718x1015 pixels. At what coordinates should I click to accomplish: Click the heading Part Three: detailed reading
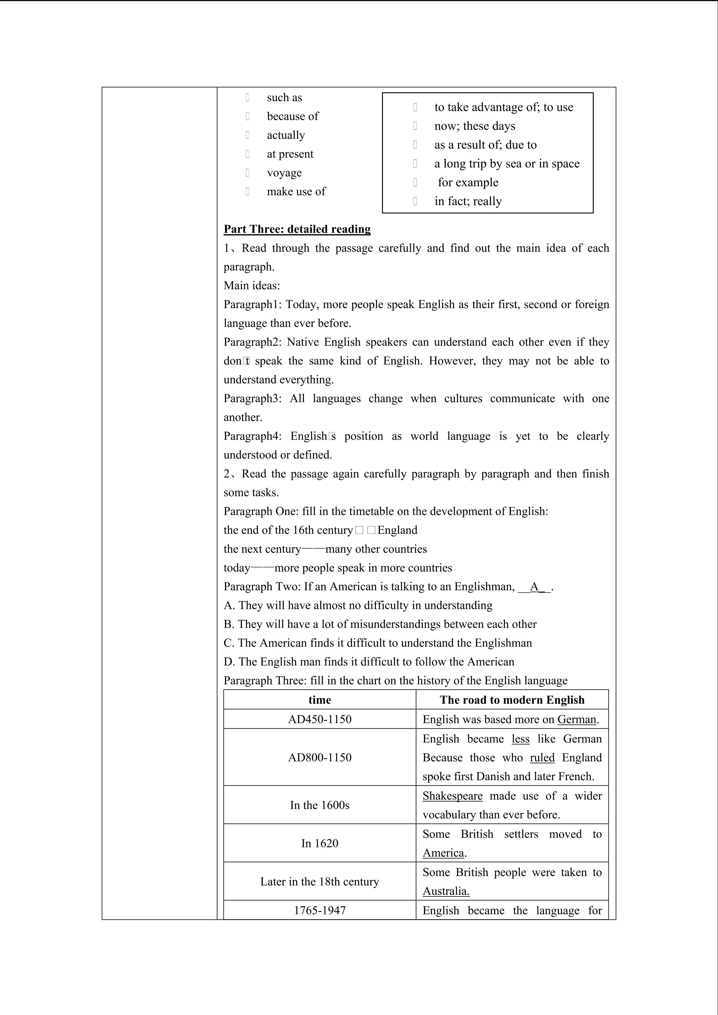coord(297,229)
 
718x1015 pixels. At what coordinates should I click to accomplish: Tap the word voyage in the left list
coord(284,173)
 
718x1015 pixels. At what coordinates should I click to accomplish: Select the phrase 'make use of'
coord(296,191)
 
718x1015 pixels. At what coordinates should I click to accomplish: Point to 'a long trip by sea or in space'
coord(507,164)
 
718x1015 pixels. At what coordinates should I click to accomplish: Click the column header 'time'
coord(320,700)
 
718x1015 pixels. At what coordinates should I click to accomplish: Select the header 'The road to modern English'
coord(512,700)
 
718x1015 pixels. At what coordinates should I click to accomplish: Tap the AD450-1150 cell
coord(320,719)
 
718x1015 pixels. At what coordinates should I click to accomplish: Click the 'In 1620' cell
coord(320,843)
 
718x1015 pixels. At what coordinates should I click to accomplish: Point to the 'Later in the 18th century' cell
coord(320,881)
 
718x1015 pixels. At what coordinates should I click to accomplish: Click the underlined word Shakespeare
coord(452,796)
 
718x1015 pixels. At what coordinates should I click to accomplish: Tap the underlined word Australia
coord(446,891)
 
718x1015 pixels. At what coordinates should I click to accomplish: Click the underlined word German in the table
coord(577,719)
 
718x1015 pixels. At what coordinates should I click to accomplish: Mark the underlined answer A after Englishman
coord(535,587)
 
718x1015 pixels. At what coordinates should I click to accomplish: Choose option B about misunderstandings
coord(380,624)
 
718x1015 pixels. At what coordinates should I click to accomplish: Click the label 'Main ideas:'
coord(251,285)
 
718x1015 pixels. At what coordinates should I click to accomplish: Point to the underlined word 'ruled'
coord(542,758)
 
